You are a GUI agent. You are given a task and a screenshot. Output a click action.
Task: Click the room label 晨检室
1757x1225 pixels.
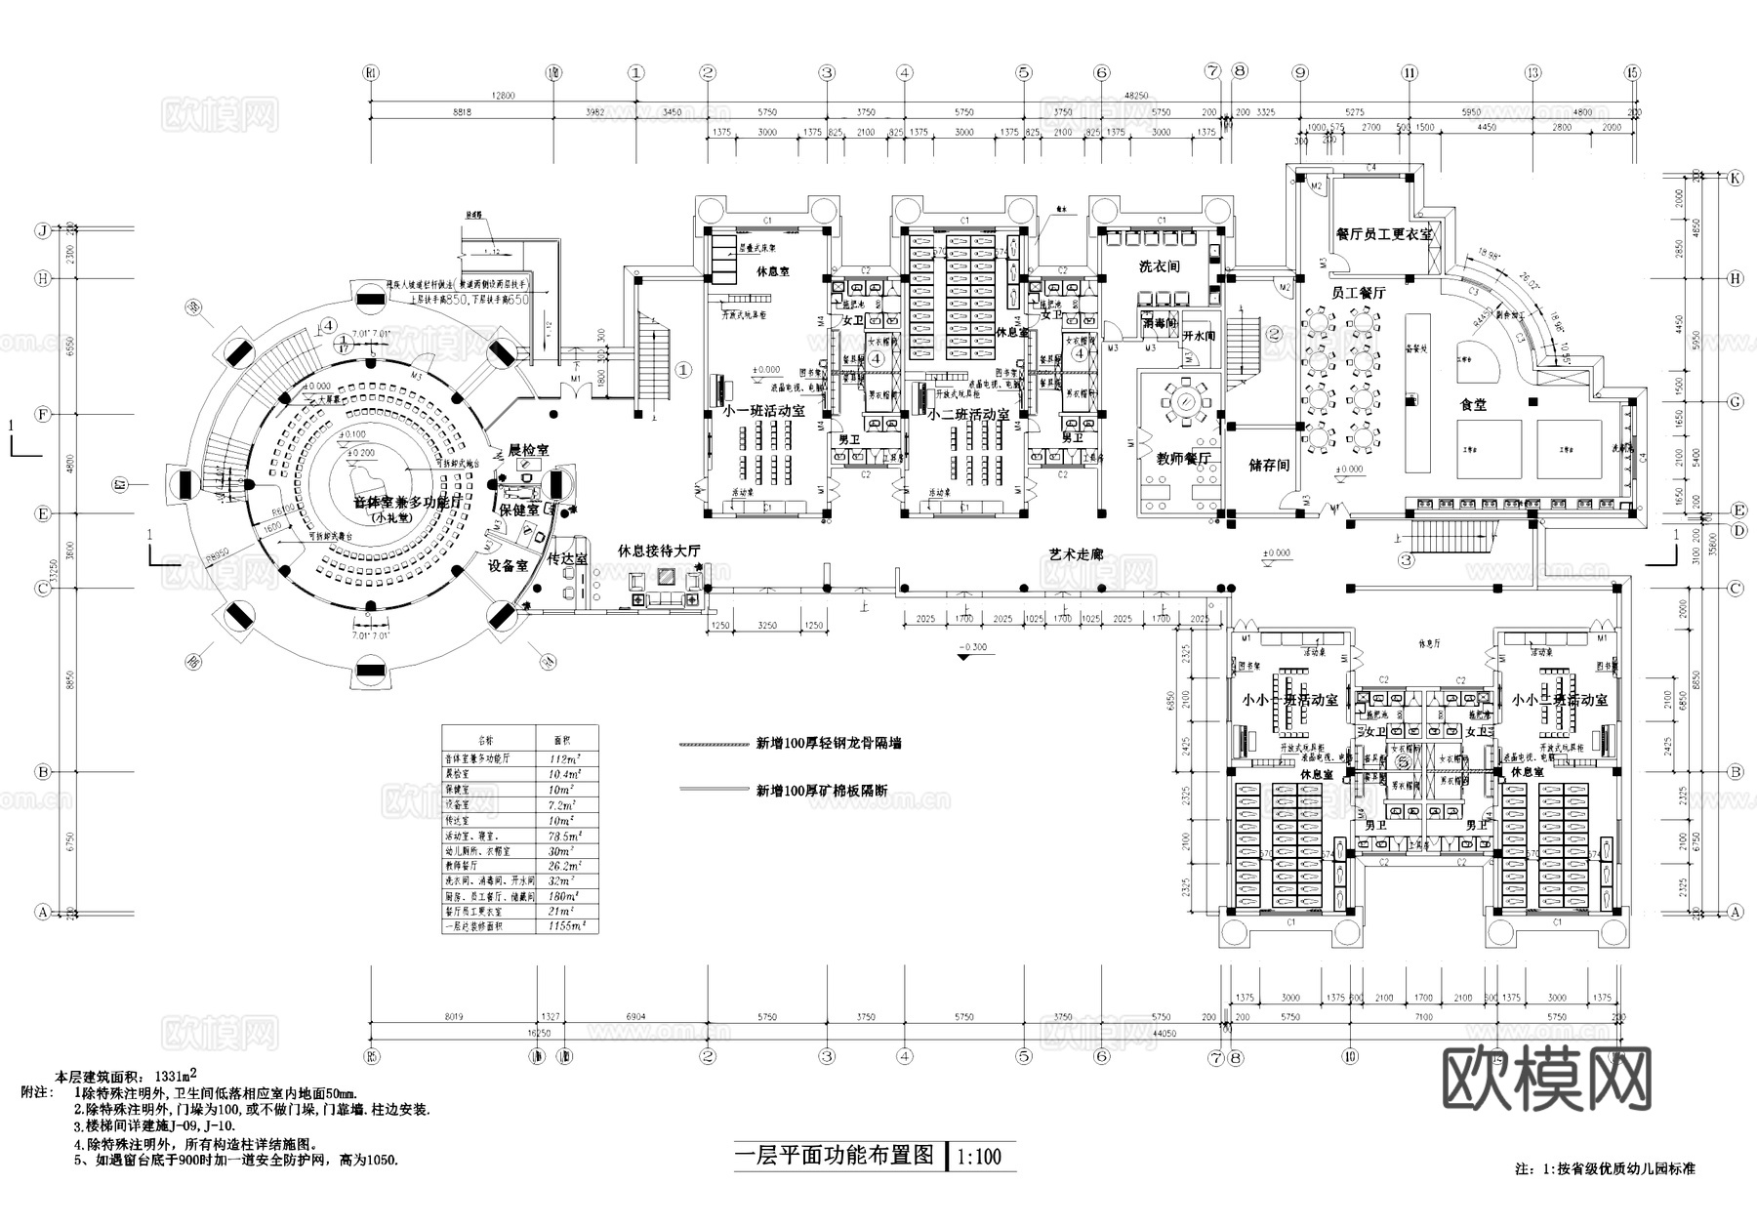(x=529, y=451)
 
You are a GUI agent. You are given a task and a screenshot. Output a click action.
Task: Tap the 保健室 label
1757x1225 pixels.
(x=518, y=510)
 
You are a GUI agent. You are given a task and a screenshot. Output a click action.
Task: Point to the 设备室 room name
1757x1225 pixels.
(x=508, y=565)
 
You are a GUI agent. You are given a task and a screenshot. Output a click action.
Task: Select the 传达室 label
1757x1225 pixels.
(x=567, y=559)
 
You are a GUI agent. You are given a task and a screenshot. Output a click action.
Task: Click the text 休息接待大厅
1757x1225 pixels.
(x=659, y=551)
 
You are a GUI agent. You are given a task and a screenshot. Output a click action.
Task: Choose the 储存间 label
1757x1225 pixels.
(x=1269, y=465)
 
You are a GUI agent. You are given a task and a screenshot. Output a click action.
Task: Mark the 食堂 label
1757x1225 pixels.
(x=1473, y=404)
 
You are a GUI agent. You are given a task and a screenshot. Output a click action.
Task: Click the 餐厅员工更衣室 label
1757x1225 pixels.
(x=1384, y=234)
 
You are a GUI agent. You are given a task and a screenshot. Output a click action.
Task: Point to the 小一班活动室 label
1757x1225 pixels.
(x=764, y=411)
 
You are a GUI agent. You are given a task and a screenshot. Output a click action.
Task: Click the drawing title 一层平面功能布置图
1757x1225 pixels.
(x=835, y=1157)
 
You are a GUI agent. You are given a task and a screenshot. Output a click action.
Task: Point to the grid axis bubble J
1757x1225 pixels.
(x=42, y=231)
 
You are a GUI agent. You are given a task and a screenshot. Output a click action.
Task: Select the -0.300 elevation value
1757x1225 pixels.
(x=972, y=647)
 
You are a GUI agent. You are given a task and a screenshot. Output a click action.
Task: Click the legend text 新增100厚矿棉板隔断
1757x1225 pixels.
(x=821, y=791)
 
